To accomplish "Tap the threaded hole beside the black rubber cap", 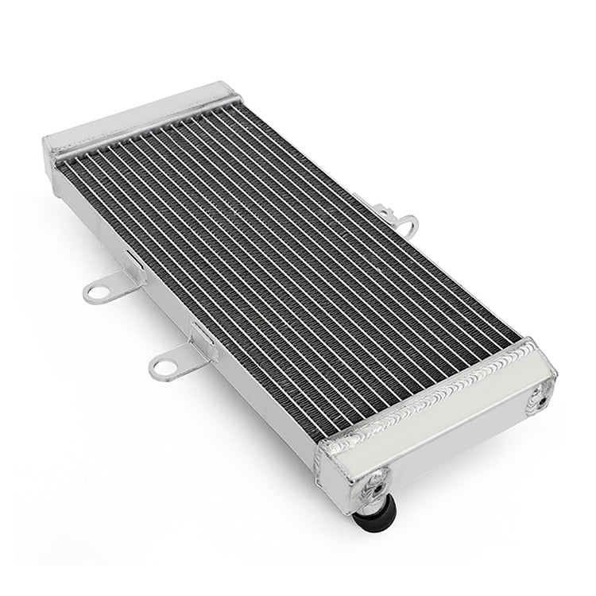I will pos(376,479).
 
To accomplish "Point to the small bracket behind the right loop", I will pos(389,213).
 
